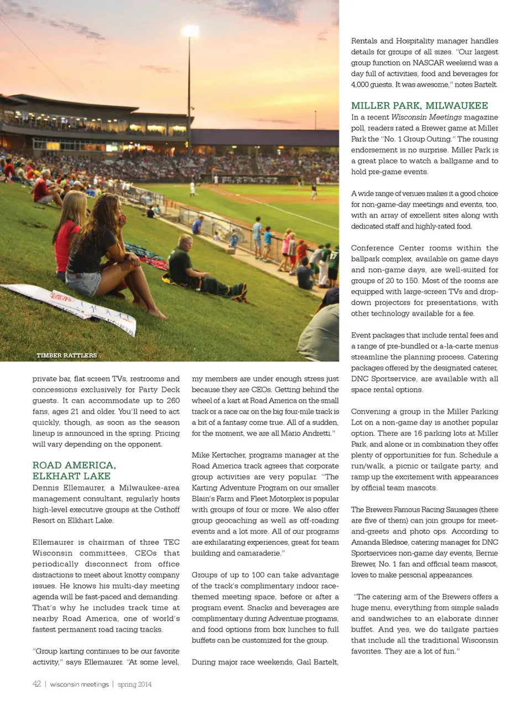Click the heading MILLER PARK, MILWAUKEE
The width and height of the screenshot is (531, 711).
[419, 106]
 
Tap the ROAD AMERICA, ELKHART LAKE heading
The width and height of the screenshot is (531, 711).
[74, 471]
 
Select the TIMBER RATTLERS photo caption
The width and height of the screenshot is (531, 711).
[67, 355]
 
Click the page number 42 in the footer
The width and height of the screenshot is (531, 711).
[37, 684]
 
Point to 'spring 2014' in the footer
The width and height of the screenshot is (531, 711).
[134, 684]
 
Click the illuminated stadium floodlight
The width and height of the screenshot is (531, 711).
[191, 30]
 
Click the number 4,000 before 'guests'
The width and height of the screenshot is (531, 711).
[362, 85]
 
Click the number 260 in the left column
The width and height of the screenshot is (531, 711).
[173, 400]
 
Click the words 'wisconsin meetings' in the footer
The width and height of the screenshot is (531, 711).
[79, 684]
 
